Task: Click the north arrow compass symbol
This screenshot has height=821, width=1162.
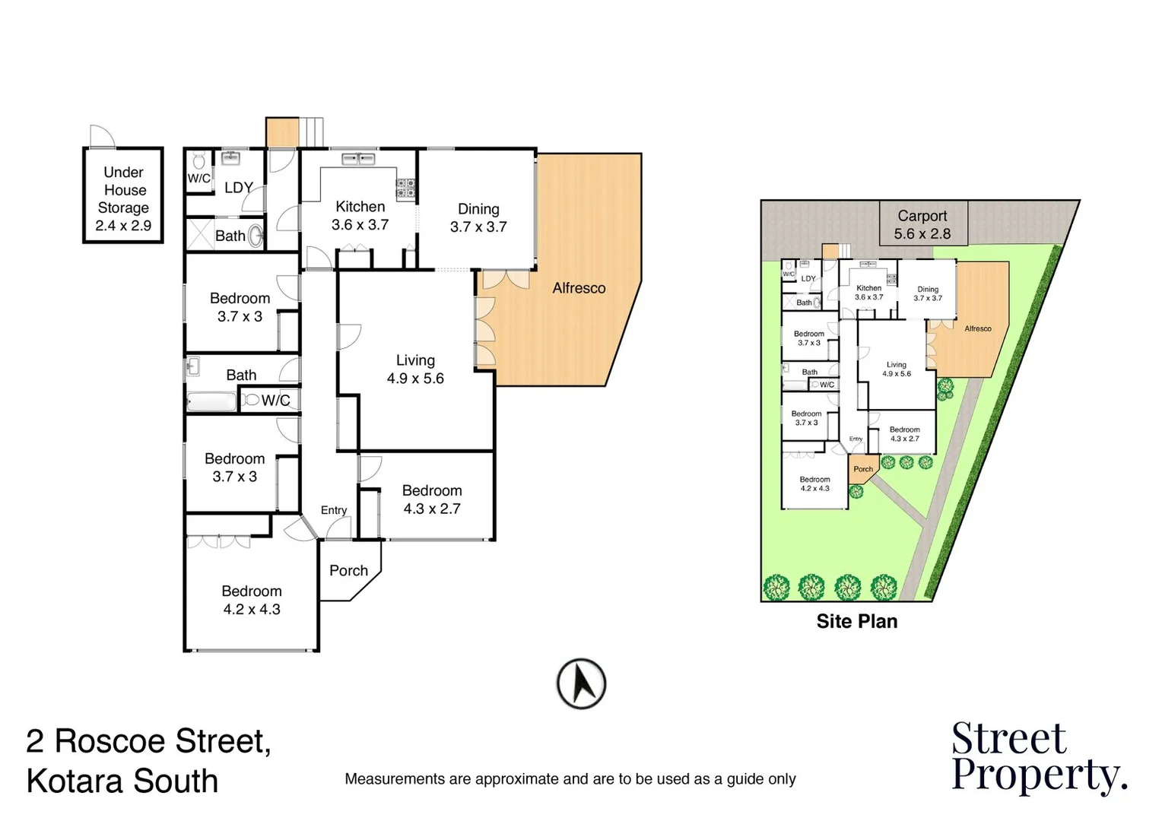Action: [581, 683]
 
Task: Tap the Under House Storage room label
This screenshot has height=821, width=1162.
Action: [123, 198]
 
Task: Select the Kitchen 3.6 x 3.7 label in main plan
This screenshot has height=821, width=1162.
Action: [360, 215]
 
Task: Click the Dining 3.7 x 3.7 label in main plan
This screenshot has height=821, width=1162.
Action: [478, 217]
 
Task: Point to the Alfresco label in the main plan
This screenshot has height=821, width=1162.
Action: [579, 288]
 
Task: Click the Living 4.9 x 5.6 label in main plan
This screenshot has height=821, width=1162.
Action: [415, 369]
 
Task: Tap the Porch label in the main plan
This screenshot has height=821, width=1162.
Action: [348, 570]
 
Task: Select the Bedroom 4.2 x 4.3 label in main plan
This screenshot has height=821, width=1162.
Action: [252, 600]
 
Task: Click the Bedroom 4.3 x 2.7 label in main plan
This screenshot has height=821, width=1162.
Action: [432, 499]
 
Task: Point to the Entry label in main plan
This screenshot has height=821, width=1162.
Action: [334, 510]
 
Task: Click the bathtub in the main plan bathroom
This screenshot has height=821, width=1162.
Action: [212, 401]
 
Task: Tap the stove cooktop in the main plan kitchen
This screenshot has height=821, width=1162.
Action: [405, 186]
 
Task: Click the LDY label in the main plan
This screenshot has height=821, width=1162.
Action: [238, 187]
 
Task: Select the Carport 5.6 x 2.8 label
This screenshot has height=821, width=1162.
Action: [922, 224]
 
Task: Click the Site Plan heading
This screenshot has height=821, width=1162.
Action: [856, 621]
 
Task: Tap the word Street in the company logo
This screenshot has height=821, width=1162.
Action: [1008, 738]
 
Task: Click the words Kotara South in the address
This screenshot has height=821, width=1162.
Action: [122, 781]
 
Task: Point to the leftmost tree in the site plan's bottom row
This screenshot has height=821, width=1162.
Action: [776, 587]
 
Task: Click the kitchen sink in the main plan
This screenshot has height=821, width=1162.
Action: [357, 159]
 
